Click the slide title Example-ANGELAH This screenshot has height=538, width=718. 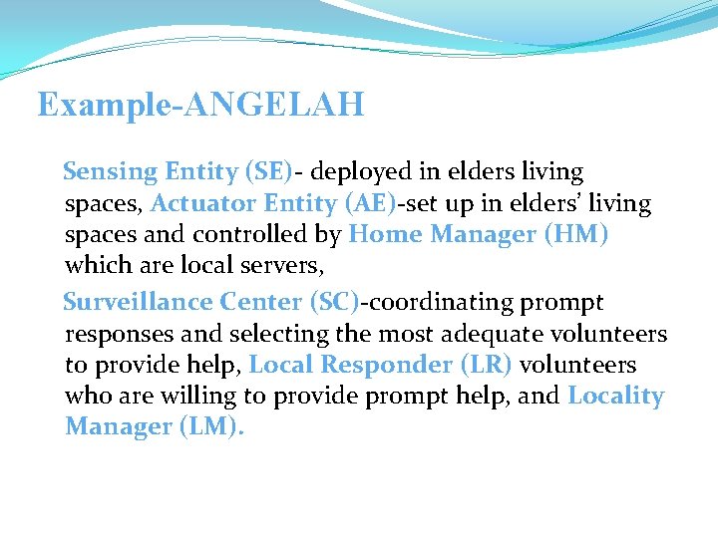click(x=200, y=105)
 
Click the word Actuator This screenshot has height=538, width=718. click(x=195, y=204)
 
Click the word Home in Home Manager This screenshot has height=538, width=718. click(x=384, y=235)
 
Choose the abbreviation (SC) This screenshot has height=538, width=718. click(x=334, y=302)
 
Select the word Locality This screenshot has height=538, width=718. click(x=615, y=397)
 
